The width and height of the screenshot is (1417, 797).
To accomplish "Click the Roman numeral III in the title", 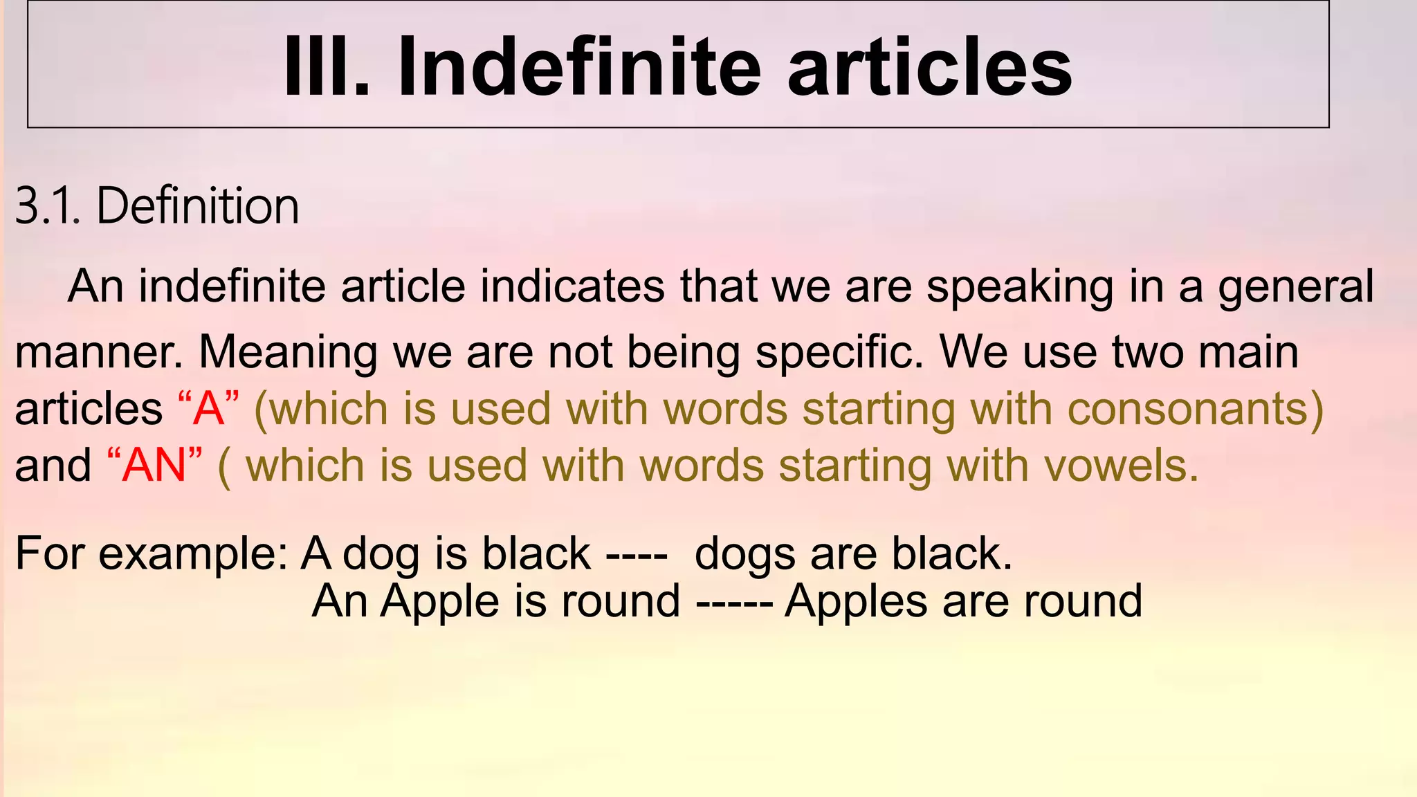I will point(325,67).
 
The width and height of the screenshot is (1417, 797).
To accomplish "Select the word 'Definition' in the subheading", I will point(198,206).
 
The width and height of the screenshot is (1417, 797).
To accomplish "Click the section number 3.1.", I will point(48,206).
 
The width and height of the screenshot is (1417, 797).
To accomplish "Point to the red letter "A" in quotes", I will point(208,409).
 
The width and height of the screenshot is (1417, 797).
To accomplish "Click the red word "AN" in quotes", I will point(154,466).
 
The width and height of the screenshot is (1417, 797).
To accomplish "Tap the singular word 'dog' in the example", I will point(381,554).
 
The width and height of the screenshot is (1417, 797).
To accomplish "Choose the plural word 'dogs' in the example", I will point(744,554).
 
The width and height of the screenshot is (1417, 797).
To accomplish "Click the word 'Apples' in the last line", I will point(855,601).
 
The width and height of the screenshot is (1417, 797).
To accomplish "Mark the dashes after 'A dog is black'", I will point(637,554).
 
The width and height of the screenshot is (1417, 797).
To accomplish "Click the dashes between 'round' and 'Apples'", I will point(734,601).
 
